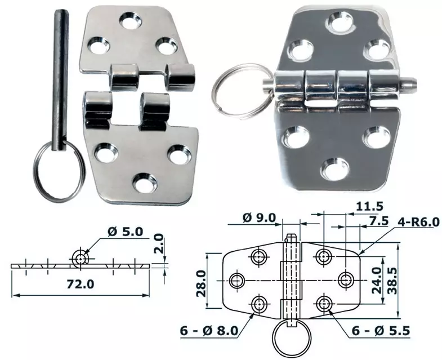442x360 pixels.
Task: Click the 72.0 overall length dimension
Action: coord(80,284)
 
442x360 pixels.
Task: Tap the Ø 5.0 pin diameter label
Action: coord(125,232)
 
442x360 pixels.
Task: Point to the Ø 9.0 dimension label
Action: coord(258,217)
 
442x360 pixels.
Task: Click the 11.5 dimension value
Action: coord(369,207)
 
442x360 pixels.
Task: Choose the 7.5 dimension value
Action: coord(379,221)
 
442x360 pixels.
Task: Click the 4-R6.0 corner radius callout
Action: coord(418,222)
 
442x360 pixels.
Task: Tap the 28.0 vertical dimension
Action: coord(201,283)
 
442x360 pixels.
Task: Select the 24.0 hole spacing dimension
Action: coord(376,281)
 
